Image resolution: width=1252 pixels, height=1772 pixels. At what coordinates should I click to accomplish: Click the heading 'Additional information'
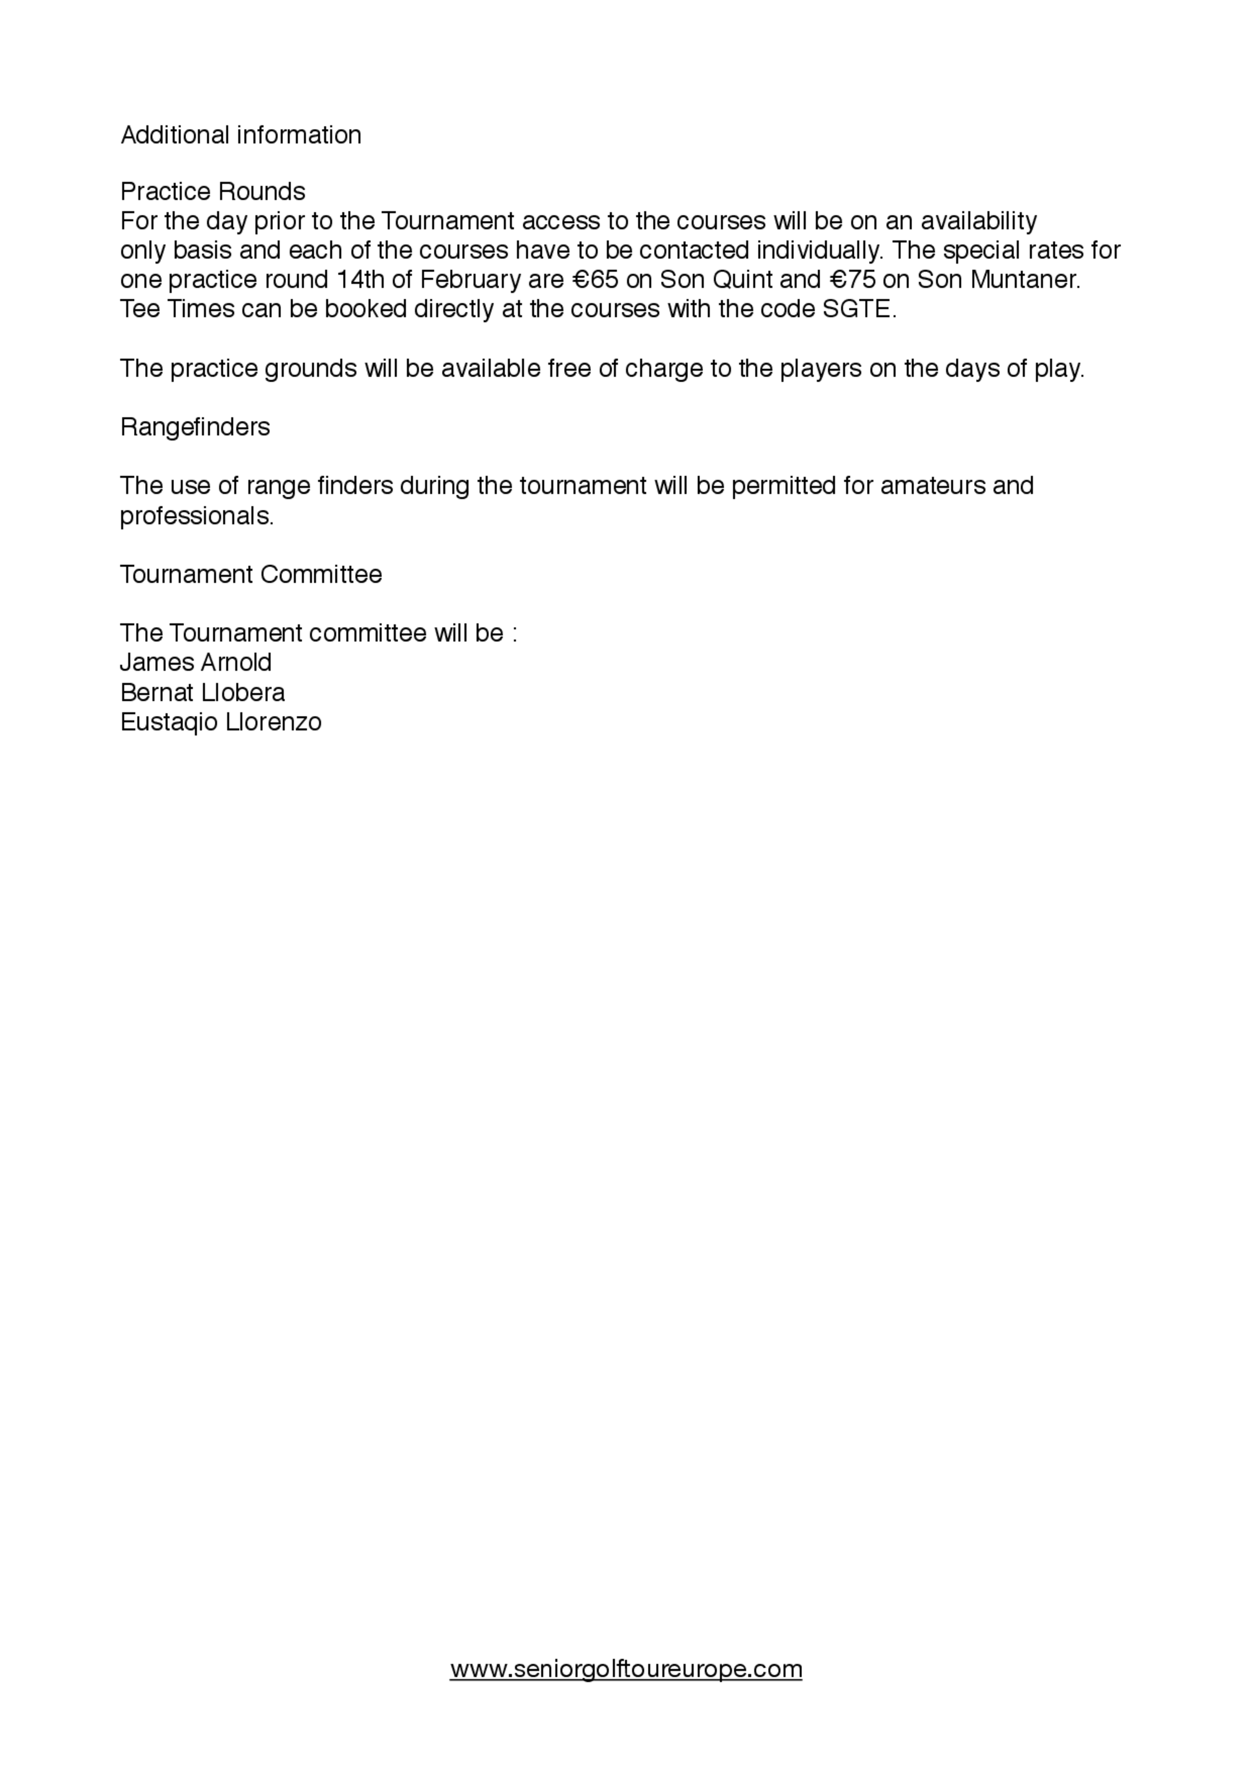240,135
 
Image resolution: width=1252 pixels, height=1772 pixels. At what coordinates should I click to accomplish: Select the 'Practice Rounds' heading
213,192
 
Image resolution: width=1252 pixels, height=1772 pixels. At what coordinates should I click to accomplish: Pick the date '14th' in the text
360,279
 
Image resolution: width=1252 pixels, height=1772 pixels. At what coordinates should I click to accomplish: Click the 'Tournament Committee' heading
250,575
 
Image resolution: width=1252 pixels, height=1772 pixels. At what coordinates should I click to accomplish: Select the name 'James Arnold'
196,663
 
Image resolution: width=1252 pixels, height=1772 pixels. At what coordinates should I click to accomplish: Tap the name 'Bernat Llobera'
202,693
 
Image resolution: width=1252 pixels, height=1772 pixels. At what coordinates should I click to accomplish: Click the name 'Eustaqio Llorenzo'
220,722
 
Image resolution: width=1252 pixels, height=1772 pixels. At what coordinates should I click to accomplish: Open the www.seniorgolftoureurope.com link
625,1669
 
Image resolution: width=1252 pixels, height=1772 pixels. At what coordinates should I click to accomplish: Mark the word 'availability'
979,222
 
